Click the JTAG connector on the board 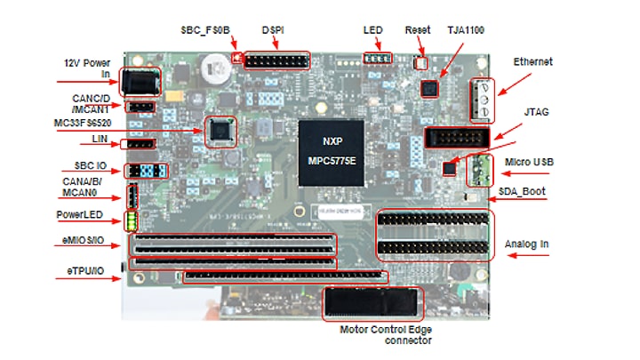(457, 138)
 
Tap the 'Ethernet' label (533, 62)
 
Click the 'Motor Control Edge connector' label (385, 334)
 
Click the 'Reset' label (417, 30)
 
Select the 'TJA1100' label (468, 29)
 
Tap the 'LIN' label (99, 140)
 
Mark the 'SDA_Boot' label (522, 191)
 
